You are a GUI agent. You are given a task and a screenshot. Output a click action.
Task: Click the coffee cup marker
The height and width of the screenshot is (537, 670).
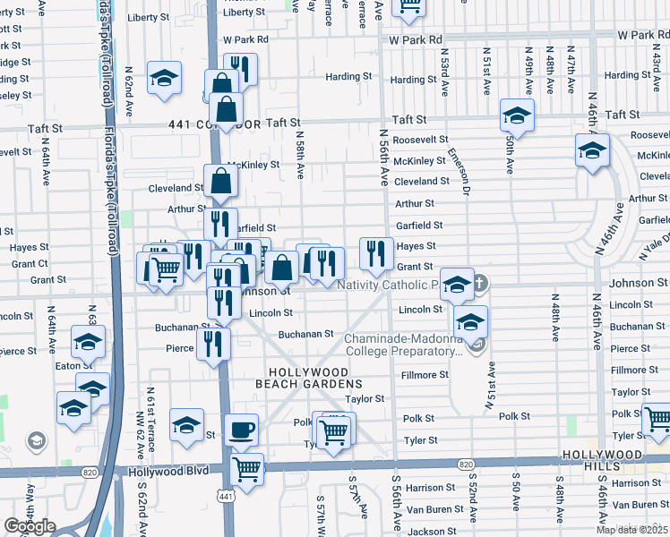[241, 430]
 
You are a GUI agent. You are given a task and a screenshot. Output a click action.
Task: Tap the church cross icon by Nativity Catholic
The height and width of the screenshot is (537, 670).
[480, 285]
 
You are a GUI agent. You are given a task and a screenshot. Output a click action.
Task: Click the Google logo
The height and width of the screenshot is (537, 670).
[30, 526]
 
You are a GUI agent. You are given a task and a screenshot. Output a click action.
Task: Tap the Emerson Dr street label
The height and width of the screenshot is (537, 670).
[465, 171]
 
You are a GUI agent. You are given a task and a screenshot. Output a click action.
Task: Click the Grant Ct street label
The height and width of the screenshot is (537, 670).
[30, 264]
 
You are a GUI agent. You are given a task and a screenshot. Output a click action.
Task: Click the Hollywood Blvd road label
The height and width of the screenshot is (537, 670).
[167, 471]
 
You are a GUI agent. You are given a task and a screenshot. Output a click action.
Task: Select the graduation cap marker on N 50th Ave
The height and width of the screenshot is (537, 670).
[516, 116]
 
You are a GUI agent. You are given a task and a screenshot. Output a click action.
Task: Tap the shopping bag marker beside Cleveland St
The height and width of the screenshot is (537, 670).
[220, 181]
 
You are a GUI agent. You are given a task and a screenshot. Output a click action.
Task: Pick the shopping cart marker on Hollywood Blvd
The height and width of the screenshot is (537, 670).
[246, 467]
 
